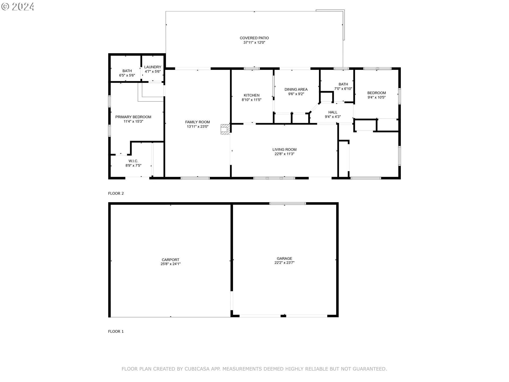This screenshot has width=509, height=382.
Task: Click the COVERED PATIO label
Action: (254, 38)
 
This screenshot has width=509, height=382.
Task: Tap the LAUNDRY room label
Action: (153, 67)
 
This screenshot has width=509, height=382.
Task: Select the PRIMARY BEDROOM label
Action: (133, 117)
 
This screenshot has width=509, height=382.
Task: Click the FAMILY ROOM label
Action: (198, 122)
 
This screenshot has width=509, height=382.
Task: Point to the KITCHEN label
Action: (252, 95)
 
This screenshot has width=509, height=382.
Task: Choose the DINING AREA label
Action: (296, 89)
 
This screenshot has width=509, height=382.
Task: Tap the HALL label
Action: (333, 112)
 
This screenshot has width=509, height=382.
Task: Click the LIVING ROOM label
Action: (284, 150)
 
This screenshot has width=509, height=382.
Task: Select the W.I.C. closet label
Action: (133, 161)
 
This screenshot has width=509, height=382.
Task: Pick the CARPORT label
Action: (170, 260)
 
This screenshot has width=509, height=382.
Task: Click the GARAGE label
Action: (284, 258)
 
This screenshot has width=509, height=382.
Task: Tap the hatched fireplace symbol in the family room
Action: (225, 129)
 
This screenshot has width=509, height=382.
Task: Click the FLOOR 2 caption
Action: (116, 193)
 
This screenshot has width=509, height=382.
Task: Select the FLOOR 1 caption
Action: (116, 331)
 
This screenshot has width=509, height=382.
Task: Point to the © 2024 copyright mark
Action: (17, 6)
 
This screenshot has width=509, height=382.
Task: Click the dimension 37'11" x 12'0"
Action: (254, 42)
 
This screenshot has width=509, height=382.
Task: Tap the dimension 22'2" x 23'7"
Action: (284, 263)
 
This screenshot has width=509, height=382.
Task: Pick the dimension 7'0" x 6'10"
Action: (343, 89)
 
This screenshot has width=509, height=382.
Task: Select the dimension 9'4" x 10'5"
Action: (376, 97)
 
